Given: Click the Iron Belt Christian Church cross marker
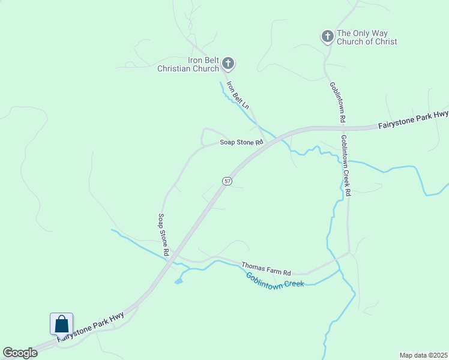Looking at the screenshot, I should tap(228, 62).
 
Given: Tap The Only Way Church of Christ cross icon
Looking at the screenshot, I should tap(327, 37).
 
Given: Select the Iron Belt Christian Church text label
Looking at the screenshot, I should tap(188, 64).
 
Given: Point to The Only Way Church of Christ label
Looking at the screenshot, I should tap(367, 37).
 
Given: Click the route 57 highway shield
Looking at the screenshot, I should tap(226, 181).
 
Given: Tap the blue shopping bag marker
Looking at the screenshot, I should tap(61, 325).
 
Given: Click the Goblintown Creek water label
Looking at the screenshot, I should tap(275, 280).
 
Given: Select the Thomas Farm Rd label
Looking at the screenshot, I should tap(266, 268).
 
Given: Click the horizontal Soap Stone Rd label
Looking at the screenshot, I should tap(241, 143).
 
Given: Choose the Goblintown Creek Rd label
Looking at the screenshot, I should tap(346, 166).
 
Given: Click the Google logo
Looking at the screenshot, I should tap(20, 353).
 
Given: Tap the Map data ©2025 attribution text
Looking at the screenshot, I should tap(423, 355).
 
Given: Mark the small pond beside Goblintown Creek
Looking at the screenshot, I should tap(178, 280).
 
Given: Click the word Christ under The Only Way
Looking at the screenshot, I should tap(384, 41).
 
